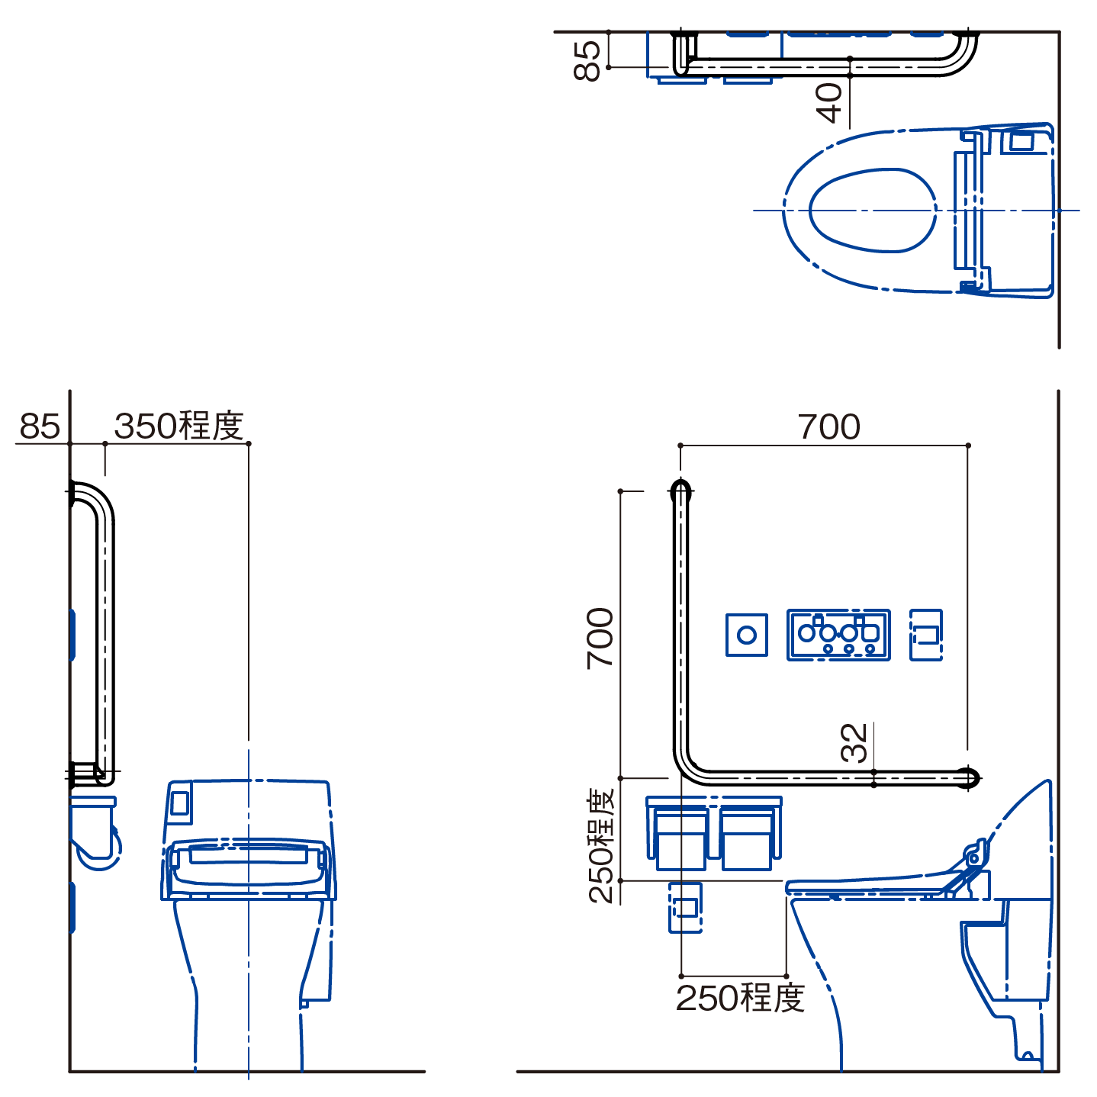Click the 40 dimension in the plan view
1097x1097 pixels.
(x=829, y=103)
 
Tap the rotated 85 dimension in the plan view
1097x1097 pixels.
(x=587, y=61)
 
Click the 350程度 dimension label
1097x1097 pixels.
(x=179, y=426)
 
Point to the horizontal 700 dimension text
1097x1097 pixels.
(x=829, y=427)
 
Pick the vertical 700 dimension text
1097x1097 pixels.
(x=600, y=639)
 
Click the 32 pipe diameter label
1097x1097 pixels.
(x=854, y=743)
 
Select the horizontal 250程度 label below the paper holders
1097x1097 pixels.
(x=740, y=998)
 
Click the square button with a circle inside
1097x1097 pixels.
(x=746, y=635)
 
